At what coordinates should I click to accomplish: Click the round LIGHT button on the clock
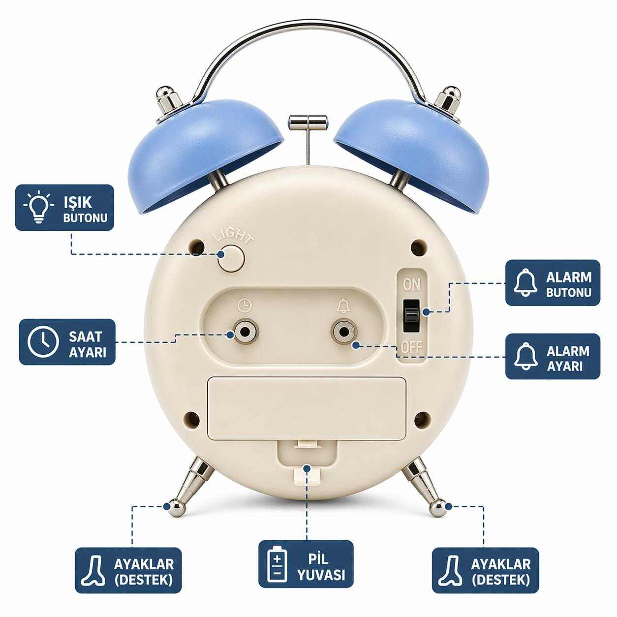(231, 258)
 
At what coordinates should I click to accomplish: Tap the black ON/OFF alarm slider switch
(411, 315)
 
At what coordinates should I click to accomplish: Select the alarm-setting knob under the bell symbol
(343, 332)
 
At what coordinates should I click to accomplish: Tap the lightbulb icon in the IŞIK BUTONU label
(39, 207)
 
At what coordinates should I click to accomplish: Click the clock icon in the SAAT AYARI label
(43, 342)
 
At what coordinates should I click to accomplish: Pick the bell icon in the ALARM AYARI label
(526, 357)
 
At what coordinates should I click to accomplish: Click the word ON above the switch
(411, 285)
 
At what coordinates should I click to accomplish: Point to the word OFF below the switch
(412, 347)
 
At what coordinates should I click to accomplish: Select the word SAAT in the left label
(85, 336)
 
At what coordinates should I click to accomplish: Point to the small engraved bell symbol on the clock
(343, 306)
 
